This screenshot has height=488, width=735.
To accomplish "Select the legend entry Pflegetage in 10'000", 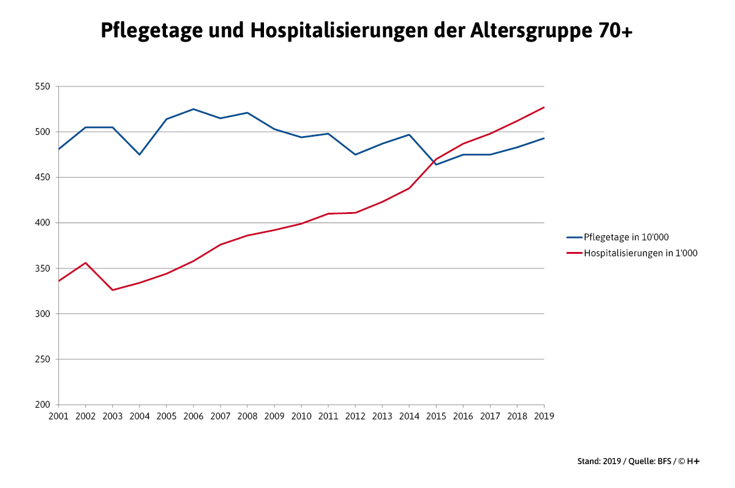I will pos(622,237).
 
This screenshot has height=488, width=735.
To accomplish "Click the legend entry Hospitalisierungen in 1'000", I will pos(640,253).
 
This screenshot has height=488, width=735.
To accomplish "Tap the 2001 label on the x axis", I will pos(59,416).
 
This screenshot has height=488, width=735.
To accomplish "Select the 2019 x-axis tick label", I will pos(544,416).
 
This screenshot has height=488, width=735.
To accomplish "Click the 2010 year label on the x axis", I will pos(301,416).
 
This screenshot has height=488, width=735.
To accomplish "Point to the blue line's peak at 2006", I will pos(194,109).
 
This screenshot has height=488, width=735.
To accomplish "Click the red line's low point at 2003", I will pos(113,290).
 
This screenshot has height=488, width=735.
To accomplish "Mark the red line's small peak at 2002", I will pos(86,262).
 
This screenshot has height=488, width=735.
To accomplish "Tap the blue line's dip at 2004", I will pos(140,154).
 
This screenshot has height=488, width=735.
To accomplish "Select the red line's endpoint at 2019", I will pos(544,107).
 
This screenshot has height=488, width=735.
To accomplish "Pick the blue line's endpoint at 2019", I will pos(544,138).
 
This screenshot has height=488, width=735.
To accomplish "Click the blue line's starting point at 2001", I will pos(59,149).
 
